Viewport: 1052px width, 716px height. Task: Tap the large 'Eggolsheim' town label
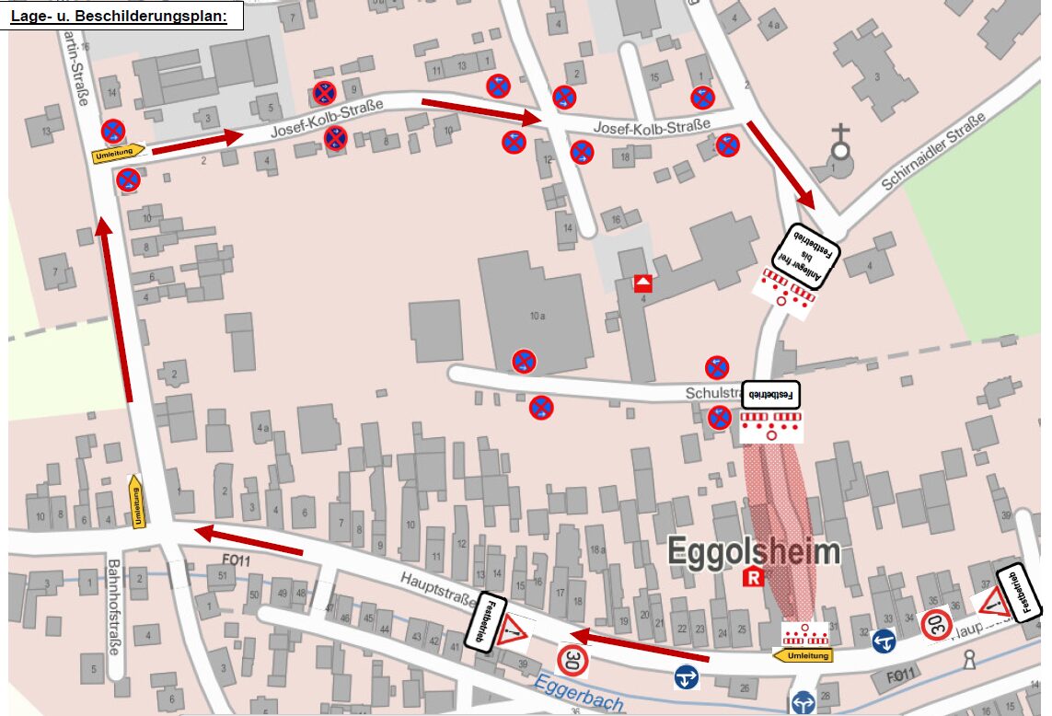click(x=754, y=551)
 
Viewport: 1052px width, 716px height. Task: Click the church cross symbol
click(x=839, y=142)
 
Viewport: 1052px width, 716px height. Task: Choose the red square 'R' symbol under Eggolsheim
click(x=754, y=578)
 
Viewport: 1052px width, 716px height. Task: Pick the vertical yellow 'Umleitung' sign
click(x=136, y=502)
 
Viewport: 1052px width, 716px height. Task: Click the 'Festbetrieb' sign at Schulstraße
click(x=771, y=394)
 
